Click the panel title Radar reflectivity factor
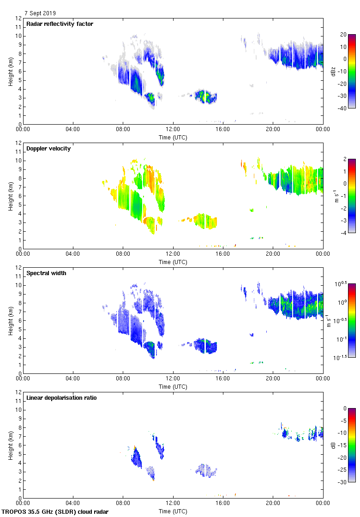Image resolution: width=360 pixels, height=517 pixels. (60, 24)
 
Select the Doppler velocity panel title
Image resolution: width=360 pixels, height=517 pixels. (48, 149)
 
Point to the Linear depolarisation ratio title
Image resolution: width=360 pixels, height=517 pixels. (61, 398)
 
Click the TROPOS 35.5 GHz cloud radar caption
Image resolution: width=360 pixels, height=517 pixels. (55, 512)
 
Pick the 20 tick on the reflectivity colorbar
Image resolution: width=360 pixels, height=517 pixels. (343, 35)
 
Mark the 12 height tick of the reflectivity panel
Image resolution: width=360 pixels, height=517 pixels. (18, 18)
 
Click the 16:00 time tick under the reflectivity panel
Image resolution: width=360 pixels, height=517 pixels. (223, 130)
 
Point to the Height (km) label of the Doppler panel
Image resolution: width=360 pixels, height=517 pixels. (10, 196)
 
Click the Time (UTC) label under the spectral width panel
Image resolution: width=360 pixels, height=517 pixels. (173, 386)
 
